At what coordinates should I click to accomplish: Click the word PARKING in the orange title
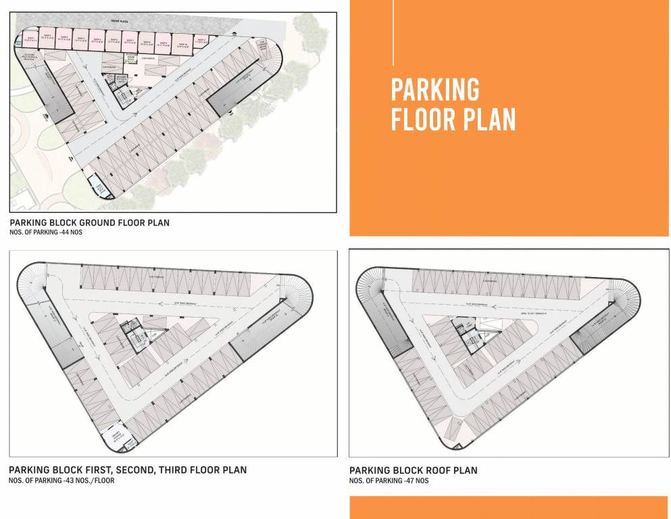pyautogui.click(x=435, y=90)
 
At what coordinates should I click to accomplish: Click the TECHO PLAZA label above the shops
pyautogui.click(x=118, y=22)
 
